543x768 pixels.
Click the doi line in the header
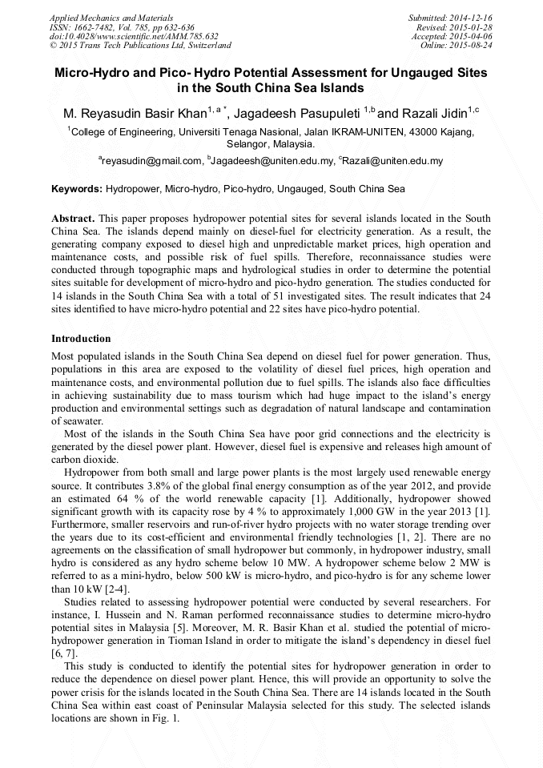[134, 36]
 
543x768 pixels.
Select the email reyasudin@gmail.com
[151, 162]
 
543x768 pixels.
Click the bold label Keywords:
[77, 190]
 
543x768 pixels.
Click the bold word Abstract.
[73, 219]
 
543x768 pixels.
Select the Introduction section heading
[81, 339]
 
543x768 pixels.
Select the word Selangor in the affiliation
[248, 144]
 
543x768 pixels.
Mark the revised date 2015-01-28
[476, 26]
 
